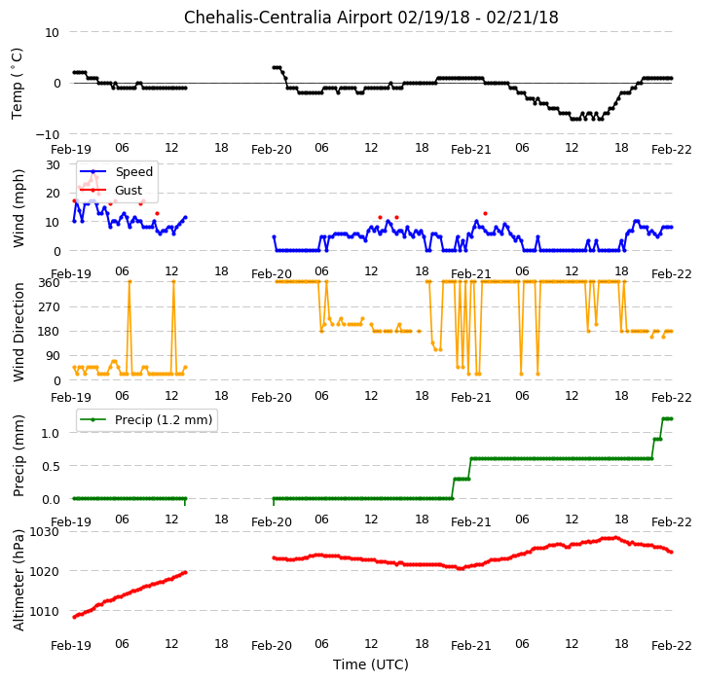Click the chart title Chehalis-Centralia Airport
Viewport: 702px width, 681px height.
[289, 18]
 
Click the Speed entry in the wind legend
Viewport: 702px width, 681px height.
[133, 172]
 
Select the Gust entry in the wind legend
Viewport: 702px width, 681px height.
[129, 191]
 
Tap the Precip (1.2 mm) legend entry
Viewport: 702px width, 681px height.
[164, 419]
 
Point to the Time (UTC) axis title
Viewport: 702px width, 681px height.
[371, 664]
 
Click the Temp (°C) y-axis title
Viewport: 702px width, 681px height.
[17, 84]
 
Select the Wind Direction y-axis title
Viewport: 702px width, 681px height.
[18, 332]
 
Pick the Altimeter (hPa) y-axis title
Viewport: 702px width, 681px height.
[18, 580]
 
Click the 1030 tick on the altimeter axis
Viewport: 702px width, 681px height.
[44, 532]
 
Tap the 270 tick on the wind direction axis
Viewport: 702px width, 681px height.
[51, 307]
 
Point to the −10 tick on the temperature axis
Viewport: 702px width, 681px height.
[47, 134]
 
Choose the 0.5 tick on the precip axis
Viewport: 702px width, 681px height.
[51, 466]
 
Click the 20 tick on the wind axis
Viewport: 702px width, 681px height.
[54, 194]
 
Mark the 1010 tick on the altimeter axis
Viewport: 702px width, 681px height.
[44, 611]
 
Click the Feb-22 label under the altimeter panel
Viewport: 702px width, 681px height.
[671, 646]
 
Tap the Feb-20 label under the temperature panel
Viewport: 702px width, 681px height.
[272, 150]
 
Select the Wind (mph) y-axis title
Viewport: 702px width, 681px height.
[18, 208]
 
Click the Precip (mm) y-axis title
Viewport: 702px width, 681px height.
[18, 456]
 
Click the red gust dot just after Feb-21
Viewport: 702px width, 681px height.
[485, 214]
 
